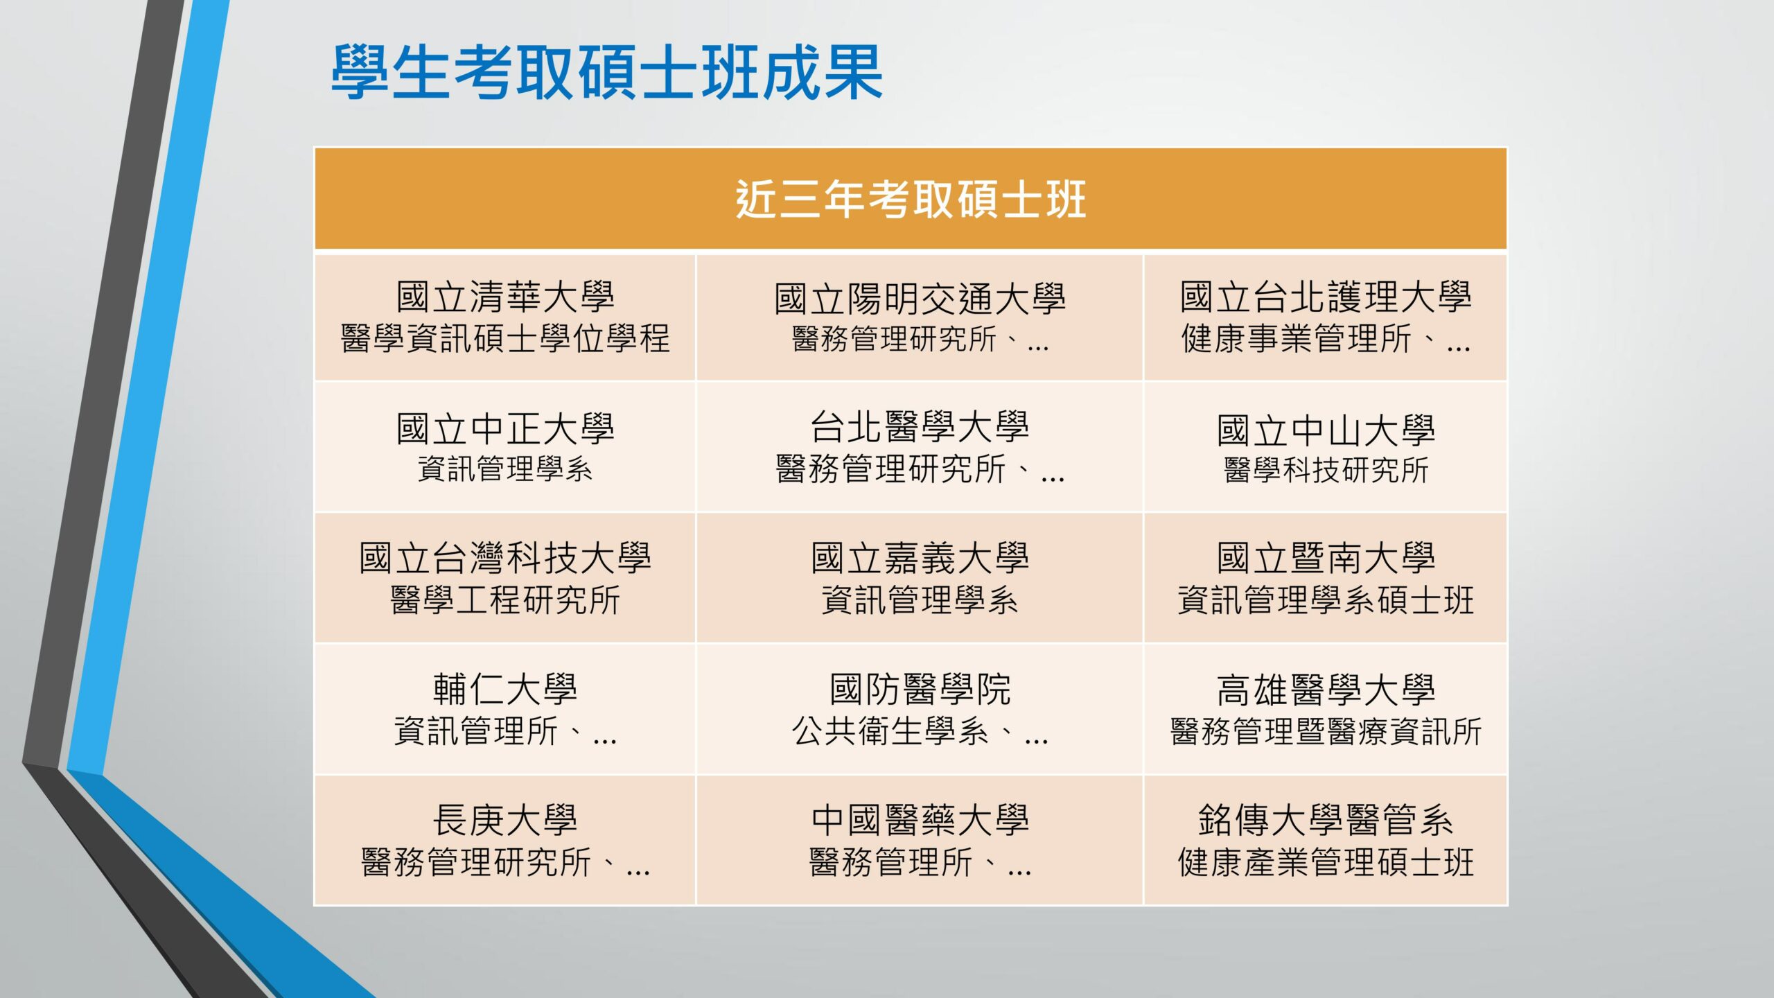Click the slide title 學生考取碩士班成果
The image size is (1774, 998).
click(x=606, y=72)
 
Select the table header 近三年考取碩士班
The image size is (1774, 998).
click(x=911, y=200)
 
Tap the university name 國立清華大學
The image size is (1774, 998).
click(x=505, y=297)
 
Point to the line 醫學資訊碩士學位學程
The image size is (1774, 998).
click(x=505, y=339)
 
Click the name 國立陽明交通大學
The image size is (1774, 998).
click(x=920, y=299)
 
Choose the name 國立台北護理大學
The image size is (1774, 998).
click(x=1326, y=297)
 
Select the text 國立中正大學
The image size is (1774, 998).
click(x=505, y=428)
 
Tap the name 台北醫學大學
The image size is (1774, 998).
click(x=920, y=426)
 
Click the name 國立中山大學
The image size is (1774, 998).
click(x=1326, y=430)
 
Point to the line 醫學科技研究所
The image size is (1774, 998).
click(x=1326, y=470)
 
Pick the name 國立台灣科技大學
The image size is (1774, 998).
click(x=505, y=558)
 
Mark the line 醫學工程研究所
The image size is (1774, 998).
click(x=505, y=600)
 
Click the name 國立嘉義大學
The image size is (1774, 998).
click(x=920, y=558)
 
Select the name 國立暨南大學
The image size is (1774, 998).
click(x=1326, y=558)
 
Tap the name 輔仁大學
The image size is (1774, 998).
click(x=505, y=689)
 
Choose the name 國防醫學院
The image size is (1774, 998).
click(x=920, y=689)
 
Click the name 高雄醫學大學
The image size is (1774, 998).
click(x=1326, y=690)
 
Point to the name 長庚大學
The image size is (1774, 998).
click(x=505, y=820)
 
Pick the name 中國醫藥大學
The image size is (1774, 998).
click(x=920, y=820)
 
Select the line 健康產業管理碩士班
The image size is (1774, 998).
click(x=1326, y=862)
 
